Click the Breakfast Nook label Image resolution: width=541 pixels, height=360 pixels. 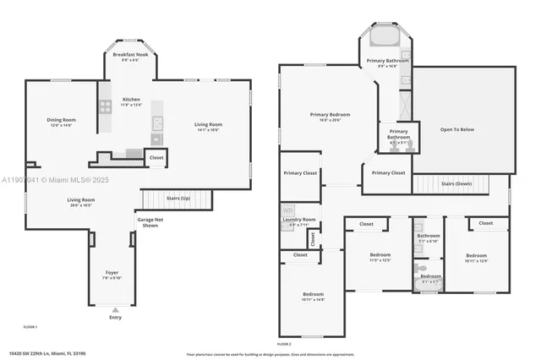pos(130,56)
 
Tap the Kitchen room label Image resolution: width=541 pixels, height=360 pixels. pos(130,100)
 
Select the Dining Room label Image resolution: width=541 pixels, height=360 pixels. pos(62,120)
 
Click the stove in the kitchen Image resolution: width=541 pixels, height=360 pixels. pos(107,106)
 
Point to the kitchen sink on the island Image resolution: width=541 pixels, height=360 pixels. pos(157,120)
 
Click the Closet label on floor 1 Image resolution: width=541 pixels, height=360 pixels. pos(156,157)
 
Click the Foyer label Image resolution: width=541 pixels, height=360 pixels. pos(112,274)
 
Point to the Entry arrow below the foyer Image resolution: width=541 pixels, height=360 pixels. pos(115,309)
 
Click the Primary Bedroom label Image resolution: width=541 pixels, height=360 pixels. pos(331,116)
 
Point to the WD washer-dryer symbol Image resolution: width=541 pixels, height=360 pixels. pos(287,210)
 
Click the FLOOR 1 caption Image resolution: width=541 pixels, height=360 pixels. pos(30,326)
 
